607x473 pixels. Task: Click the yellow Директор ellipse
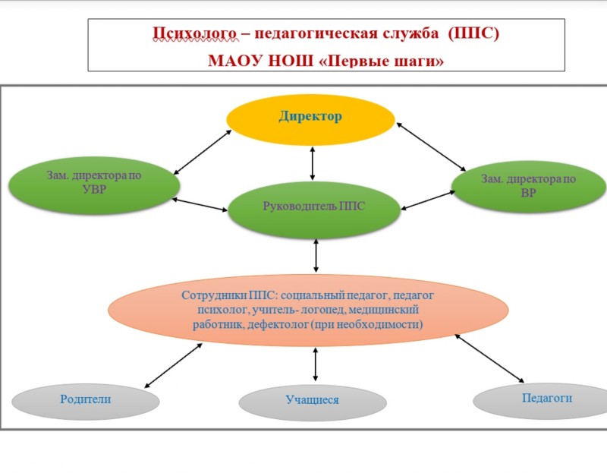(310, 120)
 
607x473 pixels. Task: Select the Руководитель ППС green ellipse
(313, 210)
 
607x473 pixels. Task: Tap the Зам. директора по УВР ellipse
(94, 185)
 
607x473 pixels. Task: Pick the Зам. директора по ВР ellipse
(529, 187)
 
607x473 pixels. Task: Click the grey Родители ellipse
(86, 402)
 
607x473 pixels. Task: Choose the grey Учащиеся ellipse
(313, 403)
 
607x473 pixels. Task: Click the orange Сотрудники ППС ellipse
(308, 310)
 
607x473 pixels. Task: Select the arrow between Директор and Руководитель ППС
(313, 163)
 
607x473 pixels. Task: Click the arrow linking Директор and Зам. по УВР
(203, 153)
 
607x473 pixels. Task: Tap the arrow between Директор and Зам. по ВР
(431, 147)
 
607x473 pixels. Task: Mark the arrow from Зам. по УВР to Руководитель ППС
(200, 204)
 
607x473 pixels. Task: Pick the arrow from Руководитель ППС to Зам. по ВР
(428, 200)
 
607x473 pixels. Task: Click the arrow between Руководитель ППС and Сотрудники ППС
(316, 255)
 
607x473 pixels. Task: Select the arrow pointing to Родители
(173, 365)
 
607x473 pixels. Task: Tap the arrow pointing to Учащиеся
(315, 364)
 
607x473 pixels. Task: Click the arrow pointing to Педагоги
(489, 358)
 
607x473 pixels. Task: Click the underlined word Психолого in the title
(194, 33)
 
